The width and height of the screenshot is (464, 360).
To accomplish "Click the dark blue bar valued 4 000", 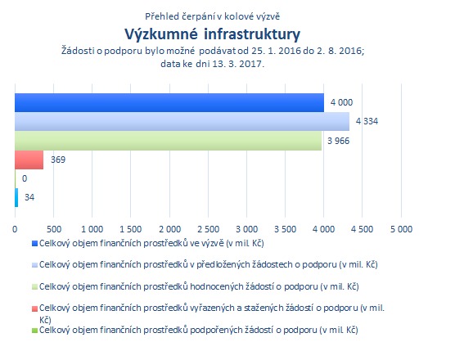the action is coord(169,102).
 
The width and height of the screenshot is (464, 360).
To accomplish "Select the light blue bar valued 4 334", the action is coord(182,122).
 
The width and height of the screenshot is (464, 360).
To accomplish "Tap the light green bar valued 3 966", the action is coord(168,141).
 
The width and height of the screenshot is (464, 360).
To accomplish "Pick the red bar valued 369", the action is coord(29,160).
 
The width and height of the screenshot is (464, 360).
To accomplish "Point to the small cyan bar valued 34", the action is coord(16,197).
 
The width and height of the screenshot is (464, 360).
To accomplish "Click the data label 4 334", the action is coord(367,121).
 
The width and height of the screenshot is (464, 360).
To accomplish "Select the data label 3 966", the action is coord(339,141).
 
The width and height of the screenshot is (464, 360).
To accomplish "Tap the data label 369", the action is coord(58,160).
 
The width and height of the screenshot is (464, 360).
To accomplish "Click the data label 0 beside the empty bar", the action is coord(25,178).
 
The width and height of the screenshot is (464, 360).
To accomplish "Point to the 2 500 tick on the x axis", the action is coord(209,229).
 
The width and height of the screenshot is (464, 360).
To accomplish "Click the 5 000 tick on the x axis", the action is coord(401,229).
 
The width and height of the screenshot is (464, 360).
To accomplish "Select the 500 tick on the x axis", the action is coord(54,229).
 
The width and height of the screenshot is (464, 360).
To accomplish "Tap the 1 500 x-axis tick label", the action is coord(130,229).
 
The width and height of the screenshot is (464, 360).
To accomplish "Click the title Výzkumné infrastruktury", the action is coord(213,34).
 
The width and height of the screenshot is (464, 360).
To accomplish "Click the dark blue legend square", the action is coord(34,244).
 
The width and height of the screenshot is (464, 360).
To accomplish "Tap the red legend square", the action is coord(34,308).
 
